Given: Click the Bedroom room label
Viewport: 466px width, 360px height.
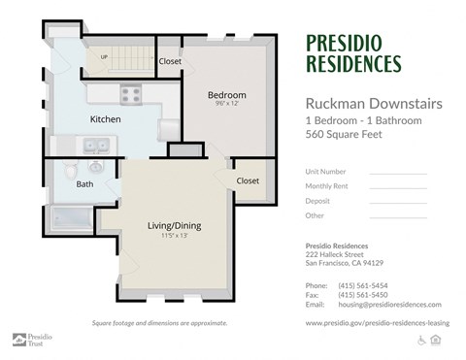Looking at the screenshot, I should coord(227,94).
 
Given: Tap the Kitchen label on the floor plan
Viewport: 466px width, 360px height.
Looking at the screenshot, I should coord(105,118).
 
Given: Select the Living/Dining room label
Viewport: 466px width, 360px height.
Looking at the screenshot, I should coord(174,225).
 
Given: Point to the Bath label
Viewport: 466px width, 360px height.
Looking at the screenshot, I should coord(85,183).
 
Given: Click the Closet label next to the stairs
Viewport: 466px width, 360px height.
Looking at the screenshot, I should coord(170,61).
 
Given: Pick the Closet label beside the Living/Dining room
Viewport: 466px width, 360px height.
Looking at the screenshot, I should coord(248,180).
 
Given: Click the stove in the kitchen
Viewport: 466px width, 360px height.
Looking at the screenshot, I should coord(131,95).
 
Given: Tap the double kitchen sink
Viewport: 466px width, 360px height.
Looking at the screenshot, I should coord(94,147).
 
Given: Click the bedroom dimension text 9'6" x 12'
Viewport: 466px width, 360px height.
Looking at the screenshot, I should coord(227,106).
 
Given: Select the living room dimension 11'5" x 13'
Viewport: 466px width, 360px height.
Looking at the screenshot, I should coord(174,236).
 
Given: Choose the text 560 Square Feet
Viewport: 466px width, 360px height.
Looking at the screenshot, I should coord(345,135).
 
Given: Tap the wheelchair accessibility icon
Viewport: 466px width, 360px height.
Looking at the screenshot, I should coord(422,340).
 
